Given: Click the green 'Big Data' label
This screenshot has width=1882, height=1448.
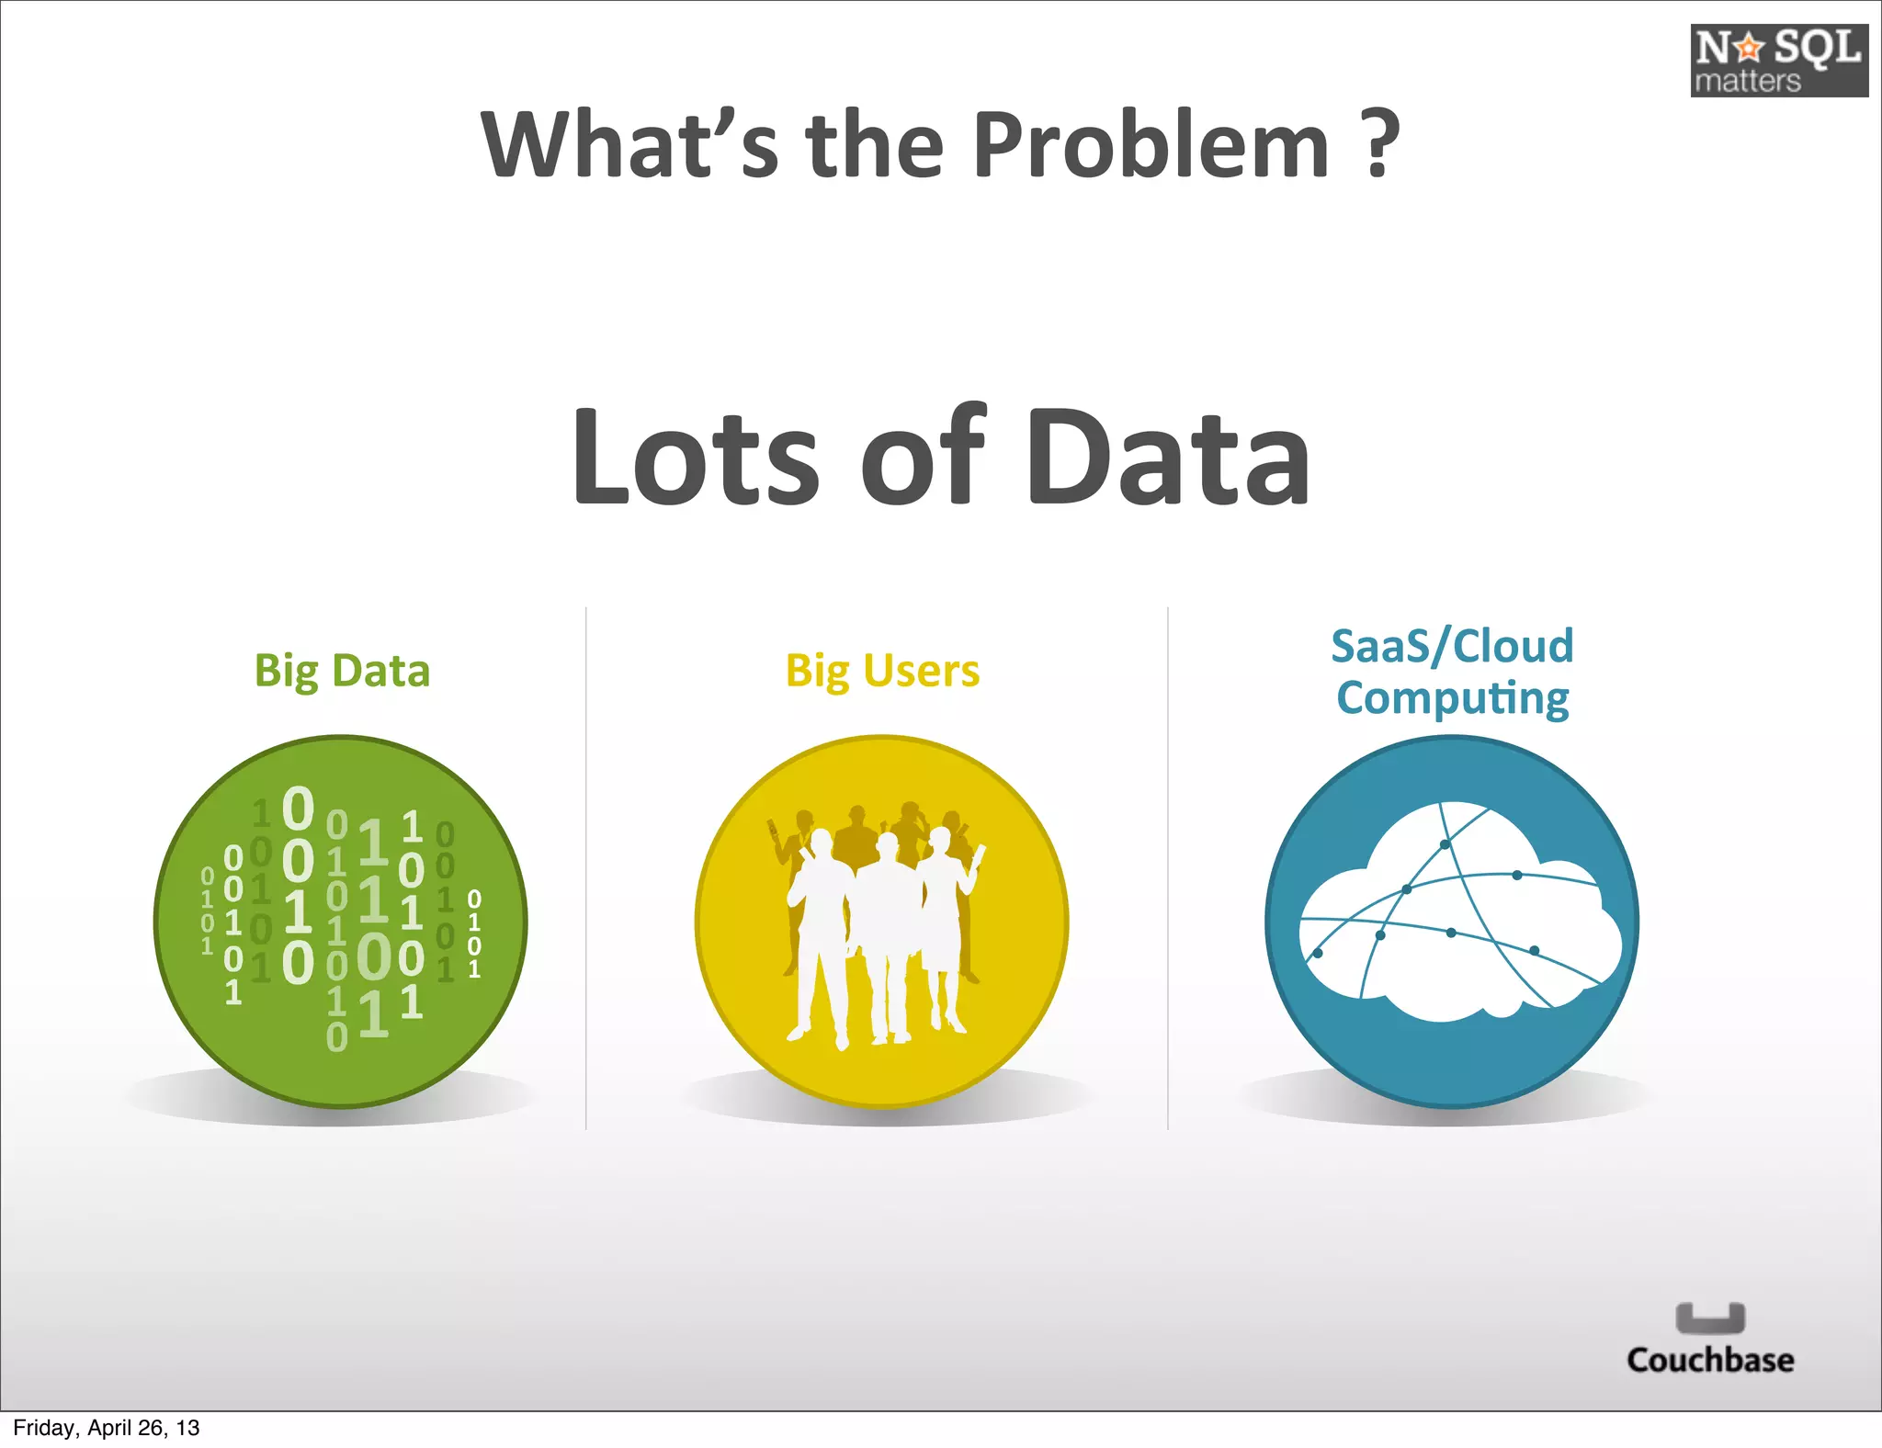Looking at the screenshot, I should coord(342,672).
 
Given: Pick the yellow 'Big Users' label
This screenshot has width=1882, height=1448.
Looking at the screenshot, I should coord(882,672).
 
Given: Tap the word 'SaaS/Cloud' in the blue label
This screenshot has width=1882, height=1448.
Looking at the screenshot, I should coord(1452,646).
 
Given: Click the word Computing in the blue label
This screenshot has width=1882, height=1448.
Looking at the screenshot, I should coord(1452,698).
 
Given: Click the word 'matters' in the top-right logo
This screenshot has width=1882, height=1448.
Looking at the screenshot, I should coord(1747,82).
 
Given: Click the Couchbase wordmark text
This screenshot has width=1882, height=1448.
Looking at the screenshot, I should coord(1710,1360).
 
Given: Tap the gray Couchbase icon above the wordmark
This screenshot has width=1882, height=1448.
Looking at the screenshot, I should coord(1710,1318).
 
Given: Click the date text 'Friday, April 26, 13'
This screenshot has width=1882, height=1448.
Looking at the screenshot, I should coord(107,1428).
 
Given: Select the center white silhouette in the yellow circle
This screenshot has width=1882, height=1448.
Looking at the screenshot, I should coord(884,928).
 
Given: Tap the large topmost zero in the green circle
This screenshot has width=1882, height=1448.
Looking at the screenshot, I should coord(298,809).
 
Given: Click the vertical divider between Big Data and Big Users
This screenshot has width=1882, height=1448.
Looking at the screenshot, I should coord(586,868).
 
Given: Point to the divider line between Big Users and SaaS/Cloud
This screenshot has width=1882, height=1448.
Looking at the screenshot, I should coord(1168,868).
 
